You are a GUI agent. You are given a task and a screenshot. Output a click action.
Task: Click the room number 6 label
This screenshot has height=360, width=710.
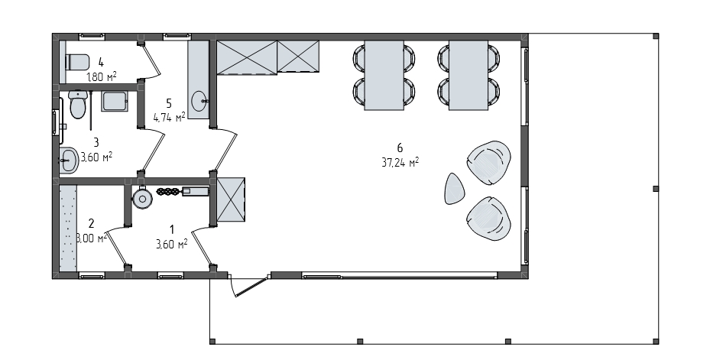point(400,148)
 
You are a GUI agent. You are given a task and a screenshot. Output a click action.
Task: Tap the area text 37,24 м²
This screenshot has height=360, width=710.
point(400,163)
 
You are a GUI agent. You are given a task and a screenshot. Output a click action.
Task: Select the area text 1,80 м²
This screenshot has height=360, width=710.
point(102,76)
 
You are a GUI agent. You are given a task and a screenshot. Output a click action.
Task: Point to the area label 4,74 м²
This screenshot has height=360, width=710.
point(170,118)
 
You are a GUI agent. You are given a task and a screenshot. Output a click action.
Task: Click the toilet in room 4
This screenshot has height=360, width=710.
point(77,62)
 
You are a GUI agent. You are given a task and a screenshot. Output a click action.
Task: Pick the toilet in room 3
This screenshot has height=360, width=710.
point(78,104)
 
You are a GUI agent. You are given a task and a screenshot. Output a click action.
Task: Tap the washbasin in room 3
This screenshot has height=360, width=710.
point(69,160)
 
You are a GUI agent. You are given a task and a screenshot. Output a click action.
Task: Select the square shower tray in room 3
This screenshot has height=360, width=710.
point(115,102)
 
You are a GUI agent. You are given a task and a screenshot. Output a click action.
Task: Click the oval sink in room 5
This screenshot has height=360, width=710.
point(199,101)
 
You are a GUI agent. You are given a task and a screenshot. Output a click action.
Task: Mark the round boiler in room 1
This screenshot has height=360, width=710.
point(143,198)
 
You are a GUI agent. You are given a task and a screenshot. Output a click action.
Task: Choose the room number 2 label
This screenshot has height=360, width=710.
point(92,223)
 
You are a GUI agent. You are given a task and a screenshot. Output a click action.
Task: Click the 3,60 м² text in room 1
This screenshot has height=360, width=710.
point(172,245)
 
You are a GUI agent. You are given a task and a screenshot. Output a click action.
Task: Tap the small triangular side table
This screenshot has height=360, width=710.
point(455,189)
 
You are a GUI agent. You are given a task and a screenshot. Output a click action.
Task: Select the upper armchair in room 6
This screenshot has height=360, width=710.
point(488,163)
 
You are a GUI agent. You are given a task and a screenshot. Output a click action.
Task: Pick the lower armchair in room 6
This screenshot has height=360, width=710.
point(488,219)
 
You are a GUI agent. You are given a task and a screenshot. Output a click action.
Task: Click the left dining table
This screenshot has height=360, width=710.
point(384,75)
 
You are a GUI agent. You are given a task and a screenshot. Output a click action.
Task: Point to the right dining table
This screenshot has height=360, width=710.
point(468,75)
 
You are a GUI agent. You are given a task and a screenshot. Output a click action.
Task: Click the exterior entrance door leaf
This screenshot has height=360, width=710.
point(249,287)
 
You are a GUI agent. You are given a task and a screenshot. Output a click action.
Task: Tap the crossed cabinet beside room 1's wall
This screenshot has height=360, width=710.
point(231,199)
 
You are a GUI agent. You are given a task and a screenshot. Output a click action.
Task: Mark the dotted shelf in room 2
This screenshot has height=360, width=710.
point(68,228)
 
